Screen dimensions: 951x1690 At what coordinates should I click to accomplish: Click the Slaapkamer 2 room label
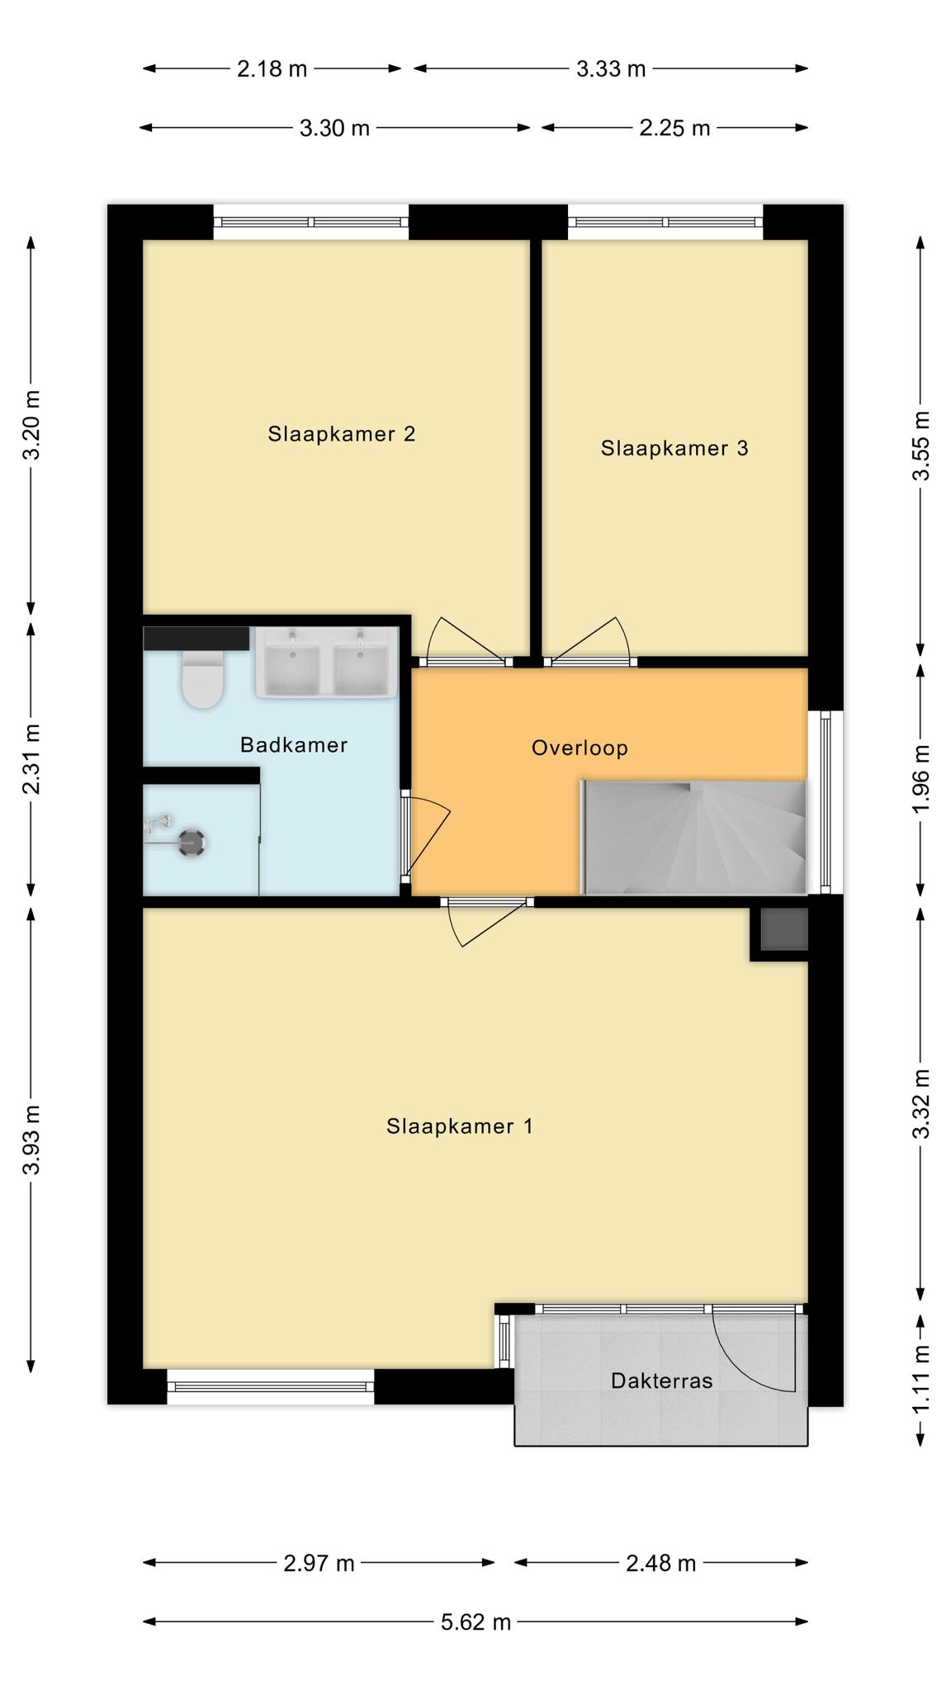pyautogui.click(x=341, y=434)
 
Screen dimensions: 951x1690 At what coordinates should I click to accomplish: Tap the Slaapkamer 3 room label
pyautogui.click(x=674, y=448)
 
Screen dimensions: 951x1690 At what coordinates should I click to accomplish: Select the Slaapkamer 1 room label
pyautogui.click(x=460, y=1126)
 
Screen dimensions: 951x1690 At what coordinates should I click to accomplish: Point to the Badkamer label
pyautogui.click(x=294, y=745)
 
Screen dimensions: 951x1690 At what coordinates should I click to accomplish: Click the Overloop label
pyautogui.click(x=580, y=748)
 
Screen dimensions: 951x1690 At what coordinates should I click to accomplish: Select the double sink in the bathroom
pyautogui.click(x=326, y=663)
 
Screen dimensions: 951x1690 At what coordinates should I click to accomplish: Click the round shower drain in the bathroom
pyautogui.click(x=193, y=843)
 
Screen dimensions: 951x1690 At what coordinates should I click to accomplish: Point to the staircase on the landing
pyautogui.click(x=694, y=837)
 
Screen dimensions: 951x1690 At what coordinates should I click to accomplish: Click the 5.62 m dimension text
pyautogui.click(x=475, y=1622)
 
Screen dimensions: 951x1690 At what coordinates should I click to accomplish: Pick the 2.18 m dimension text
pyautogui.click(x=272, y=69)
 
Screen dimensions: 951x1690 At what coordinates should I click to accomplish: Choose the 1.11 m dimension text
pyautogui.click(x=921, y=1378)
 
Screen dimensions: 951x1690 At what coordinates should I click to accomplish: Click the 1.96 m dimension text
pyautogui.click(x=921, y=779)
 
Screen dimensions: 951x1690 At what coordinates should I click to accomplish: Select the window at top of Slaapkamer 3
pyautogui.click(x=665, y=222)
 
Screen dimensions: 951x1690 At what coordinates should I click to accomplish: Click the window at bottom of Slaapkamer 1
pyautogui.click(x=271, y=1387)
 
